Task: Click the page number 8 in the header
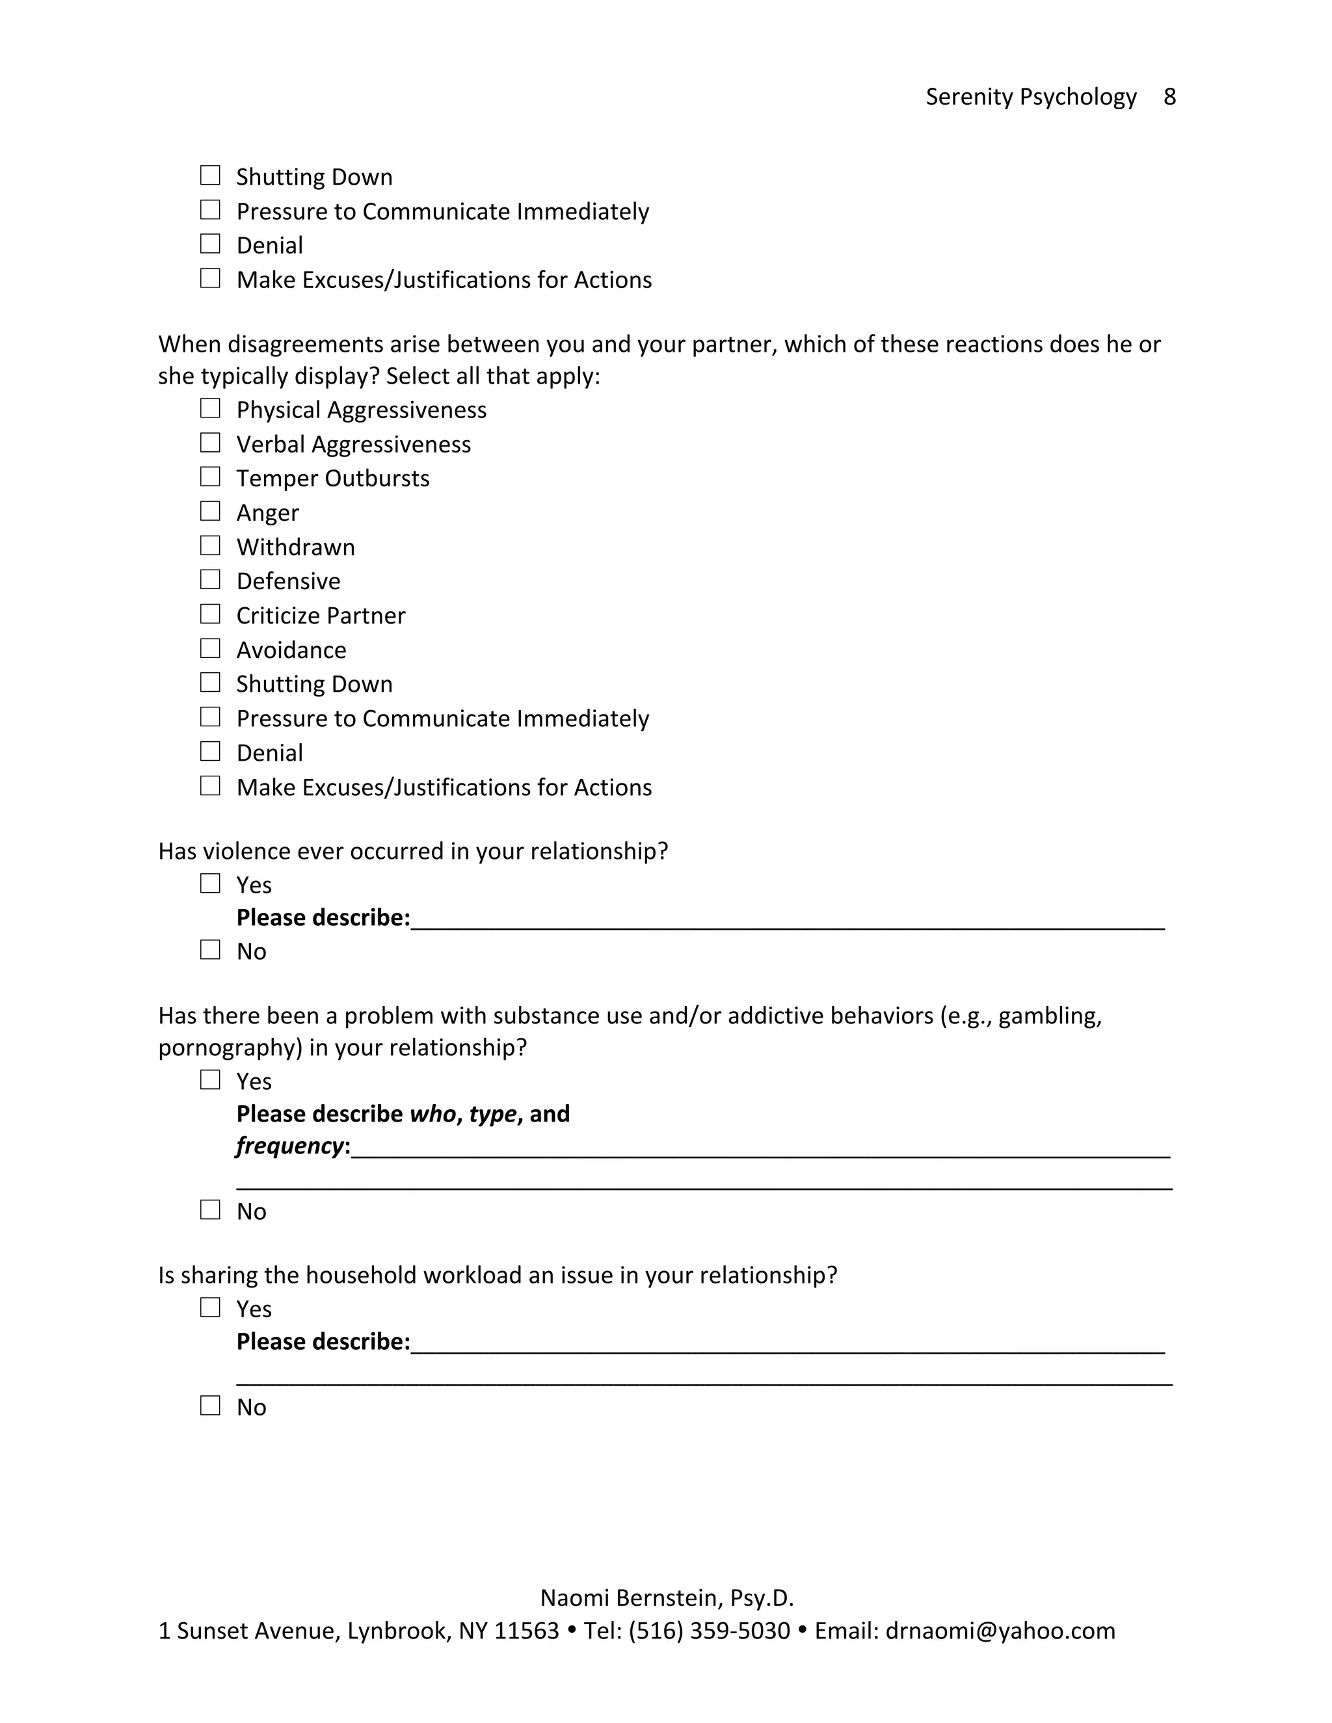[x=1169, y=97]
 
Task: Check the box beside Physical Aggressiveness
[x=210, y=409]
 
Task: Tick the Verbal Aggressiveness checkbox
[x=210, y=443]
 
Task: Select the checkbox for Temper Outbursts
[x=210, y=477]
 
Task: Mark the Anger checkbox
[x=210, y=511]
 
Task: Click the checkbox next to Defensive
[x=210, y=580]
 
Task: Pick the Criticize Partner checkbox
[x=210, y=614]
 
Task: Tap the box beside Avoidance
[x=210, y=648]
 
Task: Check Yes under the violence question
[x=210, y=884]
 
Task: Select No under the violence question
[x=210, y=950]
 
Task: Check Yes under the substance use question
[x=210, y=1080]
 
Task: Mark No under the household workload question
[x=210, y=1406]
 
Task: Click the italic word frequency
[x=289, y=1146]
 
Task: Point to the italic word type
[x=492, y=1114]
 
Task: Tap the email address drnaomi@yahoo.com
[x=1000, y=1631]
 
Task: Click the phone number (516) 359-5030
[x=709, y=1631]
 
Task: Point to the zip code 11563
[x=526, y=1631]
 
